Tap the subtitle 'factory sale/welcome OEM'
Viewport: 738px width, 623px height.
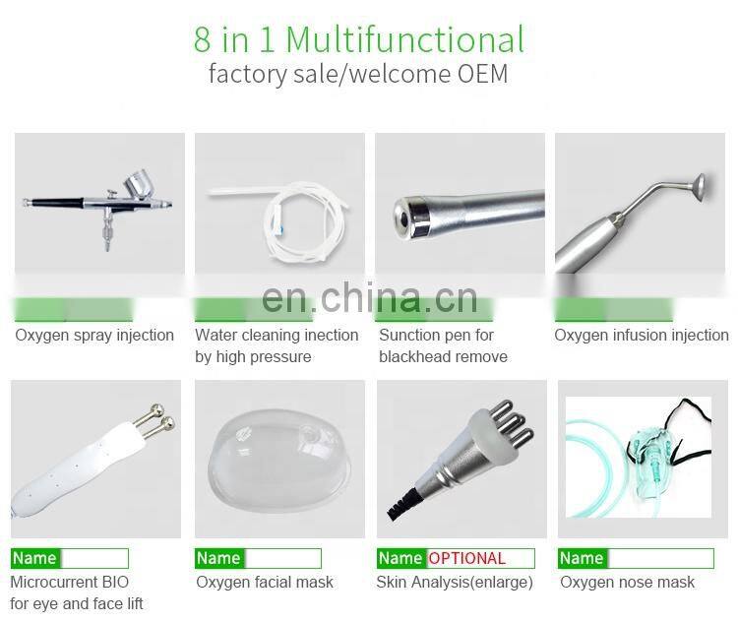[x=358, y=74]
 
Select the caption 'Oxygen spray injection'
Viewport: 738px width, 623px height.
[x=94, y=336]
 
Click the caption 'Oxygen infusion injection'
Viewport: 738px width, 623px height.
[x=642, y=336]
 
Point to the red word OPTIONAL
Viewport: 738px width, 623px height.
[x=466, y=559]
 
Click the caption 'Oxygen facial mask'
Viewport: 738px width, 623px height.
[x=265, y=583]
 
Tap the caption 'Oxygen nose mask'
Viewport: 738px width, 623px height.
[x=627, y=583]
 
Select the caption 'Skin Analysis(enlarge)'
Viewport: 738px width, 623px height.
[x=455, y=583]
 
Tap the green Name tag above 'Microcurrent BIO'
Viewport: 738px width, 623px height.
[x=34, y=559]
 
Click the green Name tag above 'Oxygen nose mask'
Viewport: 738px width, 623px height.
[x=581, y=559]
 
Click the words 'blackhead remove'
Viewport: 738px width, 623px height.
[x=443, y=357]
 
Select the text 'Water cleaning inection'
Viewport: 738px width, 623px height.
[x=277, y=336]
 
